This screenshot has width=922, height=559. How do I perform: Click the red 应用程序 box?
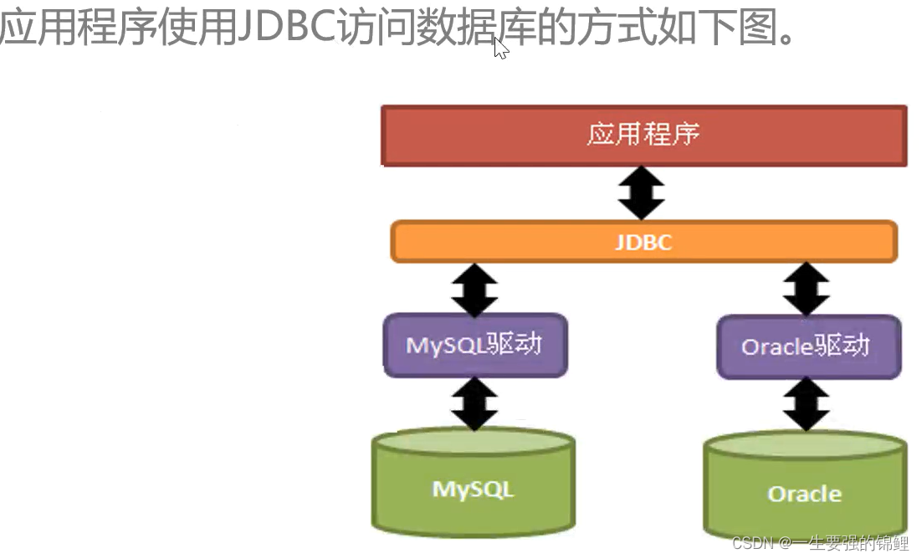tap(643, 135)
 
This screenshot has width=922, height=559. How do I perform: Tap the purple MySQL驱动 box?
tap(474, 344)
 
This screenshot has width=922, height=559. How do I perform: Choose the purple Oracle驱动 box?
tap(807, 346)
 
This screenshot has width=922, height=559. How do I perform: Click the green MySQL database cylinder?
tap(474, 483)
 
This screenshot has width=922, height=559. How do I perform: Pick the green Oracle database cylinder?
tap(805, 488)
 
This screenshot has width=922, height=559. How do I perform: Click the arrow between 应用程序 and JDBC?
tap(642, 192)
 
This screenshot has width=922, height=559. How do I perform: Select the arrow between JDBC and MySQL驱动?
tap(474, 289)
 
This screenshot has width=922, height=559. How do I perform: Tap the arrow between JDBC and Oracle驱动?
tap(807, 289)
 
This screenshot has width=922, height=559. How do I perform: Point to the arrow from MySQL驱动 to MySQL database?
tap(474, 403)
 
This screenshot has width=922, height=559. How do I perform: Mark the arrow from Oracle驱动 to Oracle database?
tap(807, 403)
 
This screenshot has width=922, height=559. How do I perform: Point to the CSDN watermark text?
tap(820, 544)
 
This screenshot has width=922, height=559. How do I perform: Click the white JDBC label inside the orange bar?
tap(643, 243)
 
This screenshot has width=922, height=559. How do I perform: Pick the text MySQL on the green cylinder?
tap(474, 489)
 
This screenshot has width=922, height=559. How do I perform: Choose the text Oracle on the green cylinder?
tap(805, 494)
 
